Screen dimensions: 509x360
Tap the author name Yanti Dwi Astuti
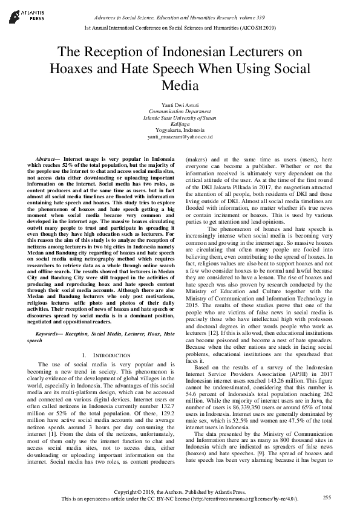(x=180, y=105)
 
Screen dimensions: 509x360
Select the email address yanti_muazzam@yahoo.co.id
(x=180, y=137)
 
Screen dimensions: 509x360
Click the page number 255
(x=327, y=497)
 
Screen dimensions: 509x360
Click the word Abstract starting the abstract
(x=47, y=158)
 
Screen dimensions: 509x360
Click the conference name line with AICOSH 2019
(x=180, y=28)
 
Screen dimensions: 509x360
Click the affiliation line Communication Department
(x=180, y=112)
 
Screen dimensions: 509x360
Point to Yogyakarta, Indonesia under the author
(x=180, y=131)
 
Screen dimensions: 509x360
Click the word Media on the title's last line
(x=180, y=85)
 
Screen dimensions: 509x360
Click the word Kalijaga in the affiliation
(x=180, y=125)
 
